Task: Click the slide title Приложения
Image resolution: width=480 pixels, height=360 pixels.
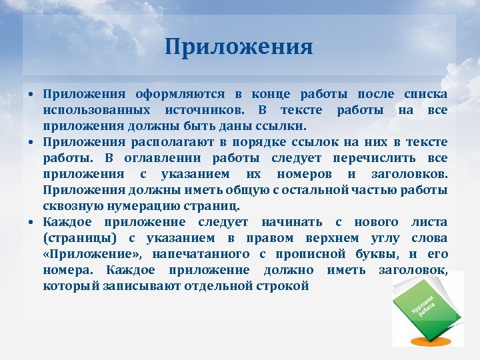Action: coord(239,47)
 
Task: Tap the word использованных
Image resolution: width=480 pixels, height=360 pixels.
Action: coord(93,109)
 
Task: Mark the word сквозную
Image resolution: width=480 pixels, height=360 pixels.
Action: coord(69,206)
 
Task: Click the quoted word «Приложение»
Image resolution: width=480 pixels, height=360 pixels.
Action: coord(93,254)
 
